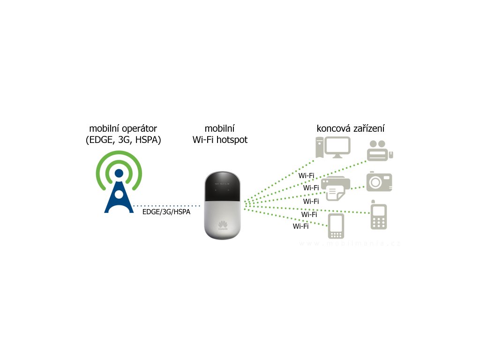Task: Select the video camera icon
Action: pyautogui.click(x=380, y=150)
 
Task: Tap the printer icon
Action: pyautogui.click(x=335, y=189)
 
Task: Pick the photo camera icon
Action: pyautogui.click(x=379, y=182)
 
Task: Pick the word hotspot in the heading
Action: pyautogui.click(x=232, y=140)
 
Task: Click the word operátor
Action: pyautogui.click(x=139, y=128)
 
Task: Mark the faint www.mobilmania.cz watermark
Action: pyautogui.click(x=350, y=244)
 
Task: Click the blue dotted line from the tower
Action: pyautogui.click(x=166, y=206)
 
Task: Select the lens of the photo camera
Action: pyautogui.click(x=376, y=183)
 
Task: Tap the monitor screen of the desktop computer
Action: pyautogui.click(x=337, y=146)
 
